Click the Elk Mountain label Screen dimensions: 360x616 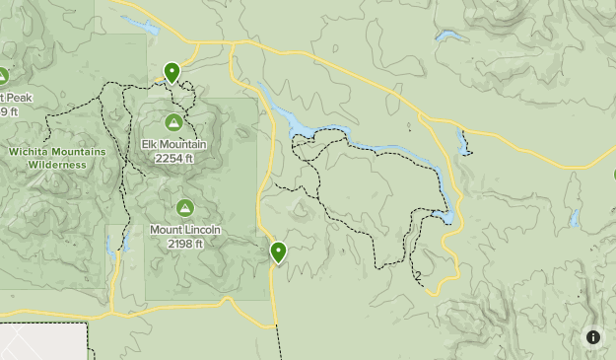coord(173,145)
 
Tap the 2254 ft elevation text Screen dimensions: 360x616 coord(173,158)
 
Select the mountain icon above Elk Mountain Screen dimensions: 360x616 coord(173,122)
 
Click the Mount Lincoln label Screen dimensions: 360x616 coord(184,231)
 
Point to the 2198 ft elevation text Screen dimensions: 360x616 coord(184,244)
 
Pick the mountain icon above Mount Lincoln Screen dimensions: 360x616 coord(184,208)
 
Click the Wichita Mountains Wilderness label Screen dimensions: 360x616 coord(56,158)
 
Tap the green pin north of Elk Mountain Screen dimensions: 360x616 coord(172,72)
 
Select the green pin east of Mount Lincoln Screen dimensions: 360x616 coord(279,252)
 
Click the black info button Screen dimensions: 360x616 coord(593,337)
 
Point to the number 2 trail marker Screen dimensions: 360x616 coord(419,276)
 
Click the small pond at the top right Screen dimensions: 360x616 coord(450,37)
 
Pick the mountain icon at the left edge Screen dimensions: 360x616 coord(3,75)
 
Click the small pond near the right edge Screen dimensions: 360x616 coord(574,218)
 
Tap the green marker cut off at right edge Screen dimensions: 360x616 coord(613,176)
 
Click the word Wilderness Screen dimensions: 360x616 coord(56,165)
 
